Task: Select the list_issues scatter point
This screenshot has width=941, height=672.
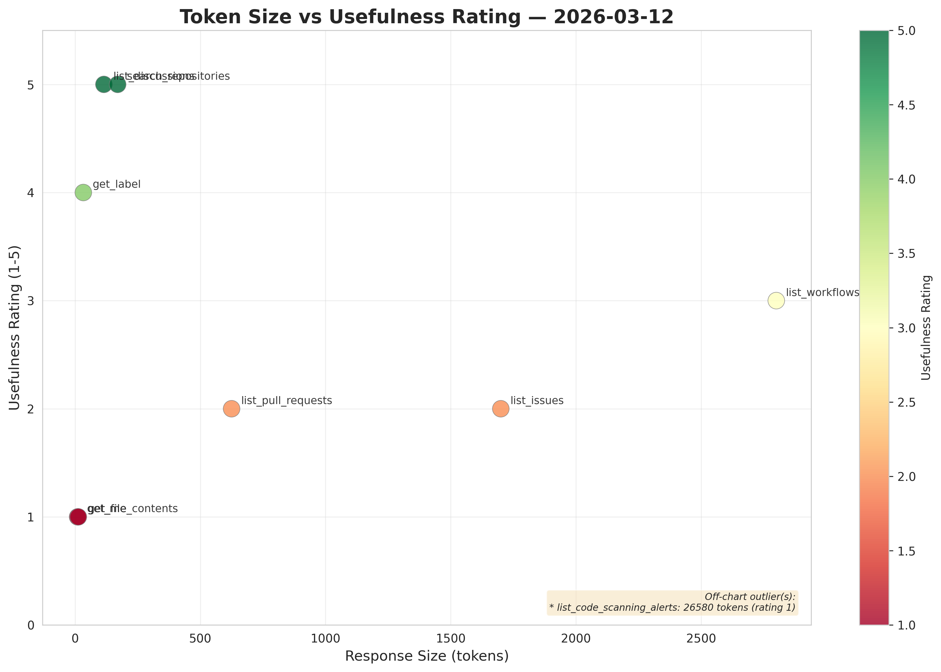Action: point(501,409)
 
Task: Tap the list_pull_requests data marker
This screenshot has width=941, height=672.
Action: point(231,409)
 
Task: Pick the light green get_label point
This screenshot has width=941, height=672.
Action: point(83,193)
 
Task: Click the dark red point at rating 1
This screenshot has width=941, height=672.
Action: point(78,517)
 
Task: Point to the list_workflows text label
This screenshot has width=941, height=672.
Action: point(822,293)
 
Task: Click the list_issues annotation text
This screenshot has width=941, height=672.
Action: point(537,401)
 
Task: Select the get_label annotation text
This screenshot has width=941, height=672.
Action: point(117,184)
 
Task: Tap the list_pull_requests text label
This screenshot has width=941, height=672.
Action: point(286,401)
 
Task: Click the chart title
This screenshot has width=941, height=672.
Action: point(427,17)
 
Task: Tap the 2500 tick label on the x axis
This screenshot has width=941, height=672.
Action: point(701,639)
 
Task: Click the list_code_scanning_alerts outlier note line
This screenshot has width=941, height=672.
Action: point(672,608)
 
